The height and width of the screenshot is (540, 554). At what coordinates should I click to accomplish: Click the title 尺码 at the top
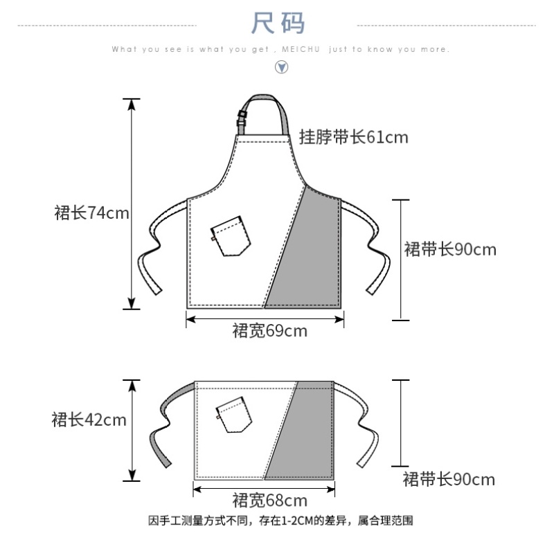(x=278, y=24)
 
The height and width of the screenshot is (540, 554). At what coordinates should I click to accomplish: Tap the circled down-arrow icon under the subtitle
(x=282, y=67)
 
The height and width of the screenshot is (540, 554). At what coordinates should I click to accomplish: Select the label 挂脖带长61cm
(x=353, y=137)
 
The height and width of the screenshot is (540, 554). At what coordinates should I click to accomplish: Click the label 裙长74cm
(x=91, y=213)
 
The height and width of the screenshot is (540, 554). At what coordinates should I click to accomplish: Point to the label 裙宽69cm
(x=269, y=331)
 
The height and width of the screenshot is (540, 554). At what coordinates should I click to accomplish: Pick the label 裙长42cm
(x=89, y=420)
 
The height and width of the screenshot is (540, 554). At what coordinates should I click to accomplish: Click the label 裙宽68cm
(x=269, y=500)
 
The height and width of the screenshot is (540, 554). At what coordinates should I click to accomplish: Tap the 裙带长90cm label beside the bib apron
(x=450, y=249)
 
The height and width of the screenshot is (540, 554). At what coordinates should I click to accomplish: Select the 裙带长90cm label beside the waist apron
(x=449, y=479)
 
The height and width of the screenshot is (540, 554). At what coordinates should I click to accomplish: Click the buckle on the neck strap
(x=242, y=118)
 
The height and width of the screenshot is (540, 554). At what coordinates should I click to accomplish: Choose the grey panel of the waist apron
(x=305, y=436)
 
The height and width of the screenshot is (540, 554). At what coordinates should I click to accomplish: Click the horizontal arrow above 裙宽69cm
(x=265, y=318)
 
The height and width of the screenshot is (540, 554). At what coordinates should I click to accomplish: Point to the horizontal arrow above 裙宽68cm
(x=265, y=489)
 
